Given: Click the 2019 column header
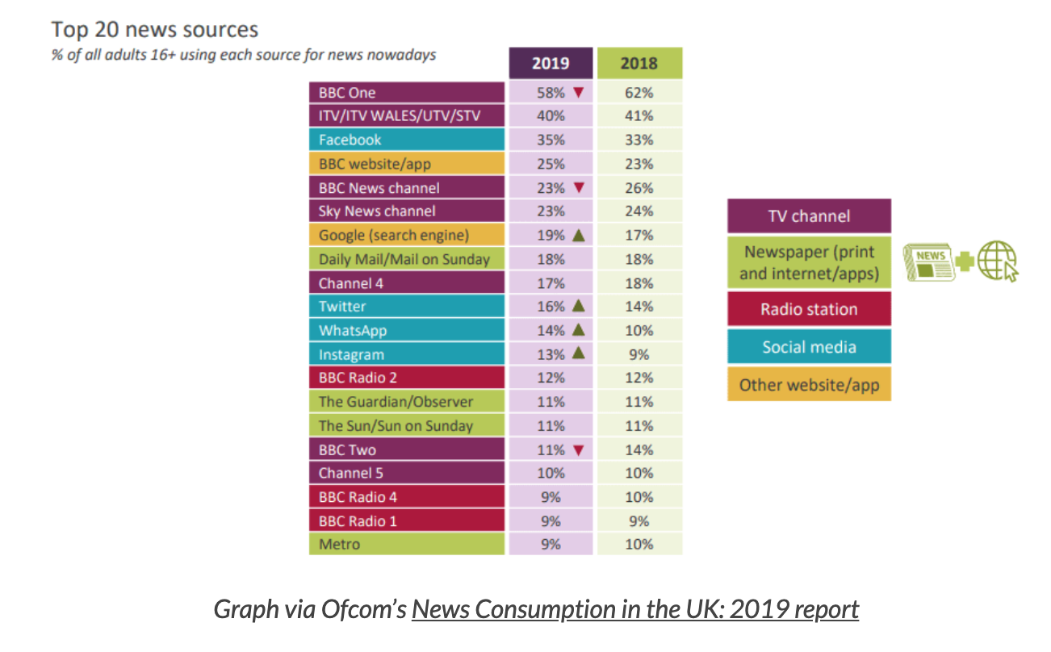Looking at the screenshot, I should click(x=550, y=63).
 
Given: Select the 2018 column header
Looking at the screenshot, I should click(x=639, y=63).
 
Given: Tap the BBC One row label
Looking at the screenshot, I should click(x=407, y=93).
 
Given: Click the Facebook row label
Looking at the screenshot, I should click(x=407, y=140).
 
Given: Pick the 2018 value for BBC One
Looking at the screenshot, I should click(x=639, y=93).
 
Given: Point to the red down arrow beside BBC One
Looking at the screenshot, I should click(x=577, y=93).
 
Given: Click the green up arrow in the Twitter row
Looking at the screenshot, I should click(x=577, y=307).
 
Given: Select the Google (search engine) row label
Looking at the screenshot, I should click(x=407, y=236).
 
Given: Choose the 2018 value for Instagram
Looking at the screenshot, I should click(x=639, y=354).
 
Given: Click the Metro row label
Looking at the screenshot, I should click(x=407, y=545).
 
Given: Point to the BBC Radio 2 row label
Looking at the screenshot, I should click(x=407, y=378).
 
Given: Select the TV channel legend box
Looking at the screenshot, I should click(x=809, y=216).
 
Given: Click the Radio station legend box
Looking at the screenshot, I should click(x=809, y=309).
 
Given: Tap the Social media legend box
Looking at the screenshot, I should click(x=809, y=347).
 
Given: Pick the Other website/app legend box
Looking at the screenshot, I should click(x=809, y=384).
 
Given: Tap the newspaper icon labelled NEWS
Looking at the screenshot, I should click(x=928, y=262).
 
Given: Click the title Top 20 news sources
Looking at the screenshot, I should click(x=155, y=30).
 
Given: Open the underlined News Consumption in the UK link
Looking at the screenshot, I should click(x=634, y=608).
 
